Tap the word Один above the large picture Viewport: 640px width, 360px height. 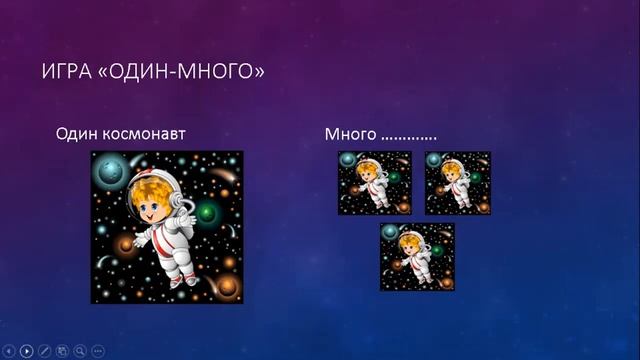tap(77, 133)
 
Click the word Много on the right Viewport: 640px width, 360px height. tap(349, 133)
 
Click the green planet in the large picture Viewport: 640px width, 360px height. tap(209, 212)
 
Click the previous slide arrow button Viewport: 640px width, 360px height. tap(10, 351)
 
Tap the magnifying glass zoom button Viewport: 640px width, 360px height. tap(80, 351)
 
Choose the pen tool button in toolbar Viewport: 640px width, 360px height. tap(45, 351)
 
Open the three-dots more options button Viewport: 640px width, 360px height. tap(98, 351)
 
